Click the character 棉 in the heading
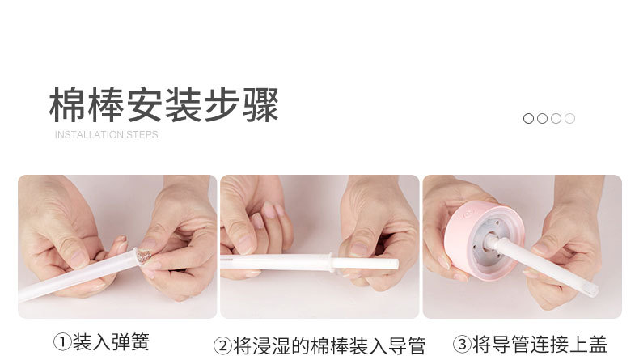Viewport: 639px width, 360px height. (68, 104)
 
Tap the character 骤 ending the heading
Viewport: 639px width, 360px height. (260, 104)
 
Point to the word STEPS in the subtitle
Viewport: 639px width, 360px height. (142, 134)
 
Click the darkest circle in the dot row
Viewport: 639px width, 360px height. (528, 118)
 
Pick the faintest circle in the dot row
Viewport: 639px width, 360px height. (569, 118)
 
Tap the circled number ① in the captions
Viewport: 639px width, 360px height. (62, 343)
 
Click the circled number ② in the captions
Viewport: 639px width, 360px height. (222, 346)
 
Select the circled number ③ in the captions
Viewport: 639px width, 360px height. (462, 345)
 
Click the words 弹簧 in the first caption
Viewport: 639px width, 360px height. (130, 343)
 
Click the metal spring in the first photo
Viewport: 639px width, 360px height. (145, 256)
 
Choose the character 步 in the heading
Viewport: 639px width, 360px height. (202, 104)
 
